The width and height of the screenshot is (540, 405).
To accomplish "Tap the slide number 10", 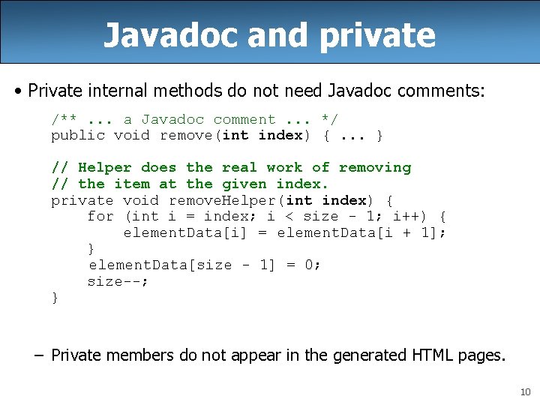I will pos(525,391).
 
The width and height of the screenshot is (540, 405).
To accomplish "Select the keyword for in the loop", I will pos(100,217).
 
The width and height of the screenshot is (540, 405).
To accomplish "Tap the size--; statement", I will pos(118,282).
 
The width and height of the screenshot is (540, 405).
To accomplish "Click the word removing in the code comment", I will pos(375,168).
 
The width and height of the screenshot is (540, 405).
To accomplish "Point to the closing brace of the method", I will pos(55,298).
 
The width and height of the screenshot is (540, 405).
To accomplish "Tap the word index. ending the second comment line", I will pos(302,184).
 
